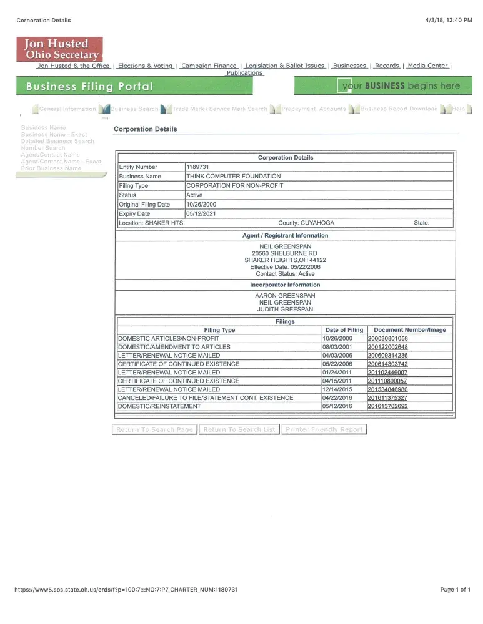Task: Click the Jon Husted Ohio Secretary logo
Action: click(x=60, y=49)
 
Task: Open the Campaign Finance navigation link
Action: click(x=209, y=66)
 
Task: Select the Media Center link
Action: click(x=428, y=66)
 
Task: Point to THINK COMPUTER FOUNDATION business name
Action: click(x=233, y=177)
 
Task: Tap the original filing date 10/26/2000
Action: click(x=201, y=205)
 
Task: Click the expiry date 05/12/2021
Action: click(x=201, y=214)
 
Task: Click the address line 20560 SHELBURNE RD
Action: click(x=284, y=253)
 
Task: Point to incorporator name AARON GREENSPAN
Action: click(x=285, y=295)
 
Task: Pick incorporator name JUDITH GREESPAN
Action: click(x=285, y=310)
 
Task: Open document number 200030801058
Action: click(x=387, y=338)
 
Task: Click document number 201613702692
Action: click(x=387, y=406)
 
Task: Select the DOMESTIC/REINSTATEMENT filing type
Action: click(x=159, y=406)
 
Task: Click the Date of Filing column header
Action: click(x=344, y=330)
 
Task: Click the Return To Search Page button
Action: click(x=154, y=429)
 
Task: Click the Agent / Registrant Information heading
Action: click(x=285, y=236)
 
